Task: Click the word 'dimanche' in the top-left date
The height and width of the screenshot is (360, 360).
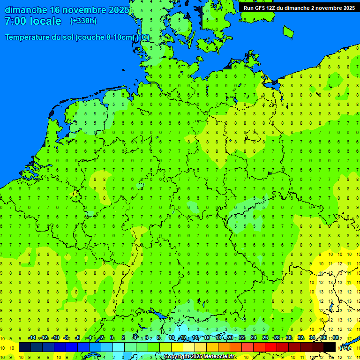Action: (25, 10)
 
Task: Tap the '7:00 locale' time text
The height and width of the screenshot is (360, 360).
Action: (33, 21)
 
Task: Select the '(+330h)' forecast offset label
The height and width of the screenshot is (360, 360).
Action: (83, 21)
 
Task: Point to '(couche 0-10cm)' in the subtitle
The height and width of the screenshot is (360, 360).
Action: (105, 37)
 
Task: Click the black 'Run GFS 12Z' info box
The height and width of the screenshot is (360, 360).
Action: (299, 7)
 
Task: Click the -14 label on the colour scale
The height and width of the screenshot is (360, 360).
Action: (32, 338)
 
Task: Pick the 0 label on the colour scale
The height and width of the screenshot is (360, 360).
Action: (112, 338)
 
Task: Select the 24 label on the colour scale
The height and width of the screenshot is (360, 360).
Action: (254, 338)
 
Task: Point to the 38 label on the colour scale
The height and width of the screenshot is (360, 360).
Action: (335, 338)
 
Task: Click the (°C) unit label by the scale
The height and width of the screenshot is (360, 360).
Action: (345, 348)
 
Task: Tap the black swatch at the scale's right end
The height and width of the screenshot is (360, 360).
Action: (330, 347)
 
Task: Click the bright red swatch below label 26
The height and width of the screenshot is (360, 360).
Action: (271, 347)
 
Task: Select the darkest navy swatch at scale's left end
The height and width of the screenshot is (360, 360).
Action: (25, 347)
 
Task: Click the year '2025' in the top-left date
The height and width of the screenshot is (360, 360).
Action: (117, 10)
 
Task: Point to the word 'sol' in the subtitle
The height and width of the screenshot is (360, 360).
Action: (67, 37)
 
